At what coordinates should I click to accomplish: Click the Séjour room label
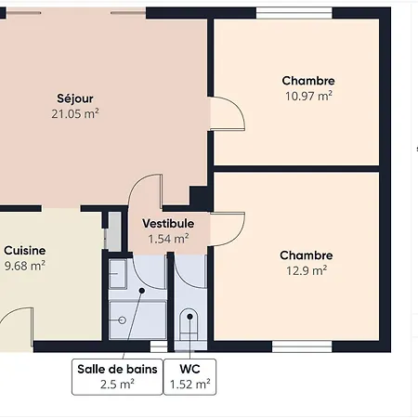(75, 98)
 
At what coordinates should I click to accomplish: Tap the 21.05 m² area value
(75, 113)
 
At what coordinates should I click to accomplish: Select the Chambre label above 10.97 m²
(307, 81)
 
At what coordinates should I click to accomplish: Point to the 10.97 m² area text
(307, 96)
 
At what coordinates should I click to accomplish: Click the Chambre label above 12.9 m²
(306, 255)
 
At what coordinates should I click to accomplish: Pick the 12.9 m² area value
(306, 271)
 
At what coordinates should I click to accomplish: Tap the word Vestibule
(168, 223)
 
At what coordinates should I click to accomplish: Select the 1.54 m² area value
(168, 239)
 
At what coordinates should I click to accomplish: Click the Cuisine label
(24, 250)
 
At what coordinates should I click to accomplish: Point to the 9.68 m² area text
(24, 266)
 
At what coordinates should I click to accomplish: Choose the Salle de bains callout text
(117, 369)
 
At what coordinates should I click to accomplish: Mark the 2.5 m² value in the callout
(117, 384)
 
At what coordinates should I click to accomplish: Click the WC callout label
(189, 369)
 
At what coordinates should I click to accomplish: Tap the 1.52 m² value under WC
(189, 384)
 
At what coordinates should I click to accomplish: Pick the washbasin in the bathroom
(117, 274)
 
